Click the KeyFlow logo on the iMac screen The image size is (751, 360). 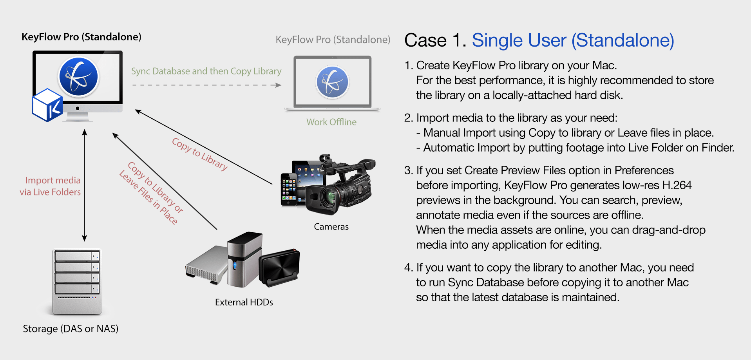point(78,77)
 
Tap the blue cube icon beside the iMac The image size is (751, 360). point(47,105)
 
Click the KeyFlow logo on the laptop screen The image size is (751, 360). point(332,82)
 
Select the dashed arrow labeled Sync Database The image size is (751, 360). point(206,85)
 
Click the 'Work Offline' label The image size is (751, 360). point(331,122)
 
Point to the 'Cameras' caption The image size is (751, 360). point(331,227)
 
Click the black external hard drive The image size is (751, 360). point(279,266)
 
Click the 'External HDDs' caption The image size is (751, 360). point(244,302)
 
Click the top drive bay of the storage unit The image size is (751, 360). point(77,256)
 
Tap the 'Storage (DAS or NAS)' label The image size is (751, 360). point(71,329)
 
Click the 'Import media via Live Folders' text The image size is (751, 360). point(51,186)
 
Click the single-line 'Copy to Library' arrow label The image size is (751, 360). point(200,154)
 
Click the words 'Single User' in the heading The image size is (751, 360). point(519,40)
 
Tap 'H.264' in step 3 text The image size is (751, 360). point(677,185)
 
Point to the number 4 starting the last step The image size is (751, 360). point(408,268)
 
